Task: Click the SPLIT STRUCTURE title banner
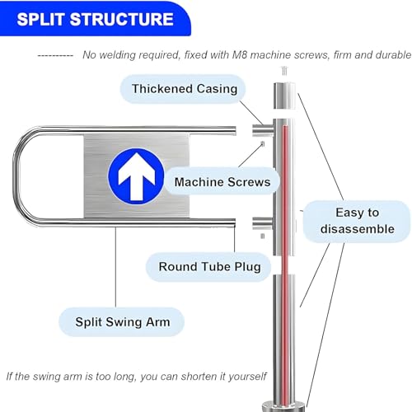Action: pos(95,19)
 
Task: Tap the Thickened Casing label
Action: pos(183,89)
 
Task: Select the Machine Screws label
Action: pos(222,181)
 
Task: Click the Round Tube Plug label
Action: pos(209,266)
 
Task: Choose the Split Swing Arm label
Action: pos(122,322)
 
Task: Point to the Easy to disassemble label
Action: pos(357,221)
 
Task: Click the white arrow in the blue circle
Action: pos(136,176)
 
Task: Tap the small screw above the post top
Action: pos(284,71)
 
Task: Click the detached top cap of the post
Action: pos(284,96)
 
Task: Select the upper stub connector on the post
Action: pos(263,130)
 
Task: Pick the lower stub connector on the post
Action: pos(263,223)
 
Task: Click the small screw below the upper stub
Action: pos(263,143)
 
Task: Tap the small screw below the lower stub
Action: pos(262,236)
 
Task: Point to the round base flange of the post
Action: pos(283,406)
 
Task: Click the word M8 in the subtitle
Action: pos(240,55)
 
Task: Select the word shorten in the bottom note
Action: pos(199,377)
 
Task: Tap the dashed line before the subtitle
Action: pos(55,56)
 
